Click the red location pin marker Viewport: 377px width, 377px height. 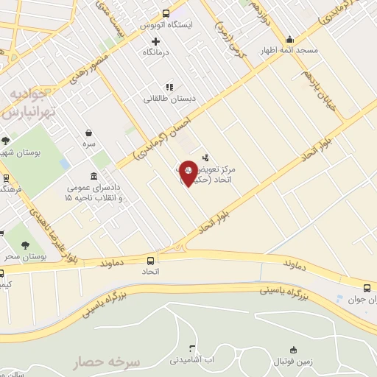[x=188, y=173]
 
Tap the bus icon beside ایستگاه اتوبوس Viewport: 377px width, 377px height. [x=166, y=13]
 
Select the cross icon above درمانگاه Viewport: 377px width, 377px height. [x=155, y=40]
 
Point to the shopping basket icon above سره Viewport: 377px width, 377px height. [x=89, y=133]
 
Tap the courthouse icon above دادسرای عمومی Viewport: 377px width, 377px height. [x=94, y=176]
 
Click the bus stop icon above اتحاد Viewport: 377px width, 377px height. [x=151, y=261]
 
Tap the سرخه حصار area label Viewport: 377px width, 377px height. [x=111, y=362]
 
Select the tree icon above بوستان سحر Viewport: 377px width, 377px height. [x=25, y=245]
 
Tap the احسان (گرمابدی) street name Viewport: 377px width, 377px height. [x=163, y=130]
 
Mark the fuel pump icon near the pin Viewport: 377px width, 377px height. [x=205, y=157]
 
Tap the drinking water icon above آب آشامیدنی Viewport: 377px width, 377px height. [x=192, y=348]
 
